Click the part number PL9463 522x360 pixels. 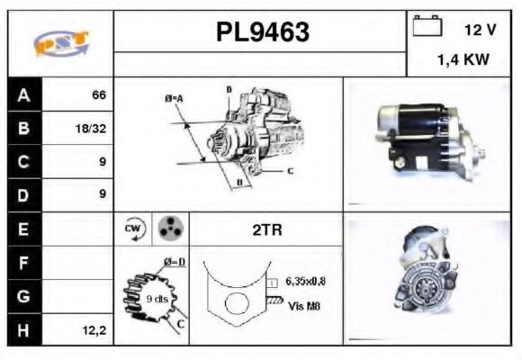[261, 32]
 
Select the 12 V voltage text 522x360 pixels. [479, 30]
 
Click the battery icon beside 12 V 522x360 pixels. [426, 29]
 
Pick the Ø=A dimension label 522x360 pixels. [175, 98]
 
